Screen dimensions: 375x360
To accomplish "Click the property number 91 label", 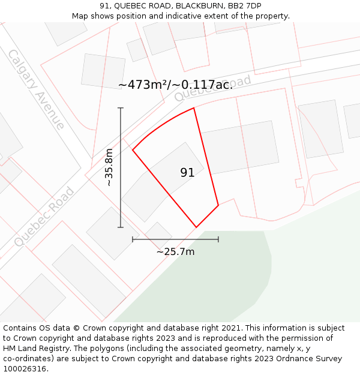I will [187, 173].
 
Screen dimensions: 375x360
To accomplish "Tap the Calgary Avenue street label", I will [36, 89].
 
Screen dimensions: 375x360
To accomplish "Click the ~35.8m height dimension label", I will [109, 167].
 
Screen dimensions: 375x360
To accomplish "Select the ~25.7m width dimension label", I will [175, 252].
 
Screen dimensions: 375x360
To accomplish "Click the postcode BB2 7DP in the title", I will [244, 6].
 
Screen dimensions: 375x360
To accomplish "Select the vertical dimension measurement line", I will [121, 167].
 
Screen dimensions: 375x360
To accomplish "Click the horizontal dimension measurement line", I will [175, 239].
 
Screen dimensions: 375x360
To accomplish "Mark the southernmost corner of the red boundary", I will [196, 227].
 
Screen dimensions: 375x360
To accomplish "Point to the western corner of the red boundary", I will [133, 150].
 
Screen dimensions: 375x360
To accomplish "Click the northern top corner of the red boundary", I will [194, 108].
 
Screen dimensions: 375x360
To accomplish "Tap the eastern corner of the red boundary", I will [218, 205].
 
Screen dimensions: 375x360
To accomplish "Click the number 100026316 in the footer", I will [24, 369].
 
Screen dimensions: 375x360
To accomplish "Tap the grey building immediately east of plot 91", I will [240, 148].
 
